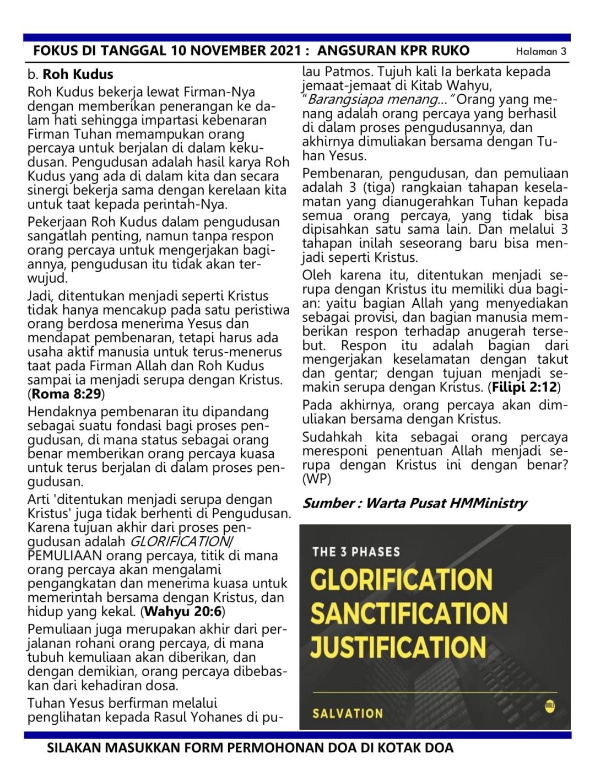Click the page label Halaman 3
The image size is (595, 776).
[540, 51]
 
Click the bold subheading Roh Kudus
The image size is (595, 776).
[78, 74]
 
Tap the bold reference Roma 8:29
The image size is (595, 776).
[66, 394]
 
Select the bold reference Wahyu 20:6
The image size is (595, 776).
[183, 611]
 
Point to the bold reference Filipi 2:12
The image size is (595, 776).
[524, 387]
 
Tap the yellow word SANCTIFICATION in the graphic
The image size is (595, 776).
[409, 613]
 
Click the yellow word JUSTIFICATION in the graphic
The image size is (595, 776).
[398, 647]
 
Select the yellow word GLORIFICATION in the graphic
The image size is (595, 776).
[401, 579]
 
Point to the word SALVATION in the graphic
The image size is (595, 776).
[348, 713]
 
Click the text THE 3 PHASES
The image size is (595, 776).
[356, 552]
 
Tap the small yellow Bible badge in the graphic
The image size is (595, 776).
[549, 705]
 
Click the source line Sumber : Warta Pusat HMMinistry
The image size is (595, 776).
[414, 503]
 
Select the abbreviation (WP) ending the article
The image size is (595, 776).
[316, 479]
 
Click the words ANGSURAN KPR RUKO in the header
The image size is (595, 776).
[393, 51]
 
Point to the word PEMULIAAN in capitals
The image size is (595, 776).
[64, 556]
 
